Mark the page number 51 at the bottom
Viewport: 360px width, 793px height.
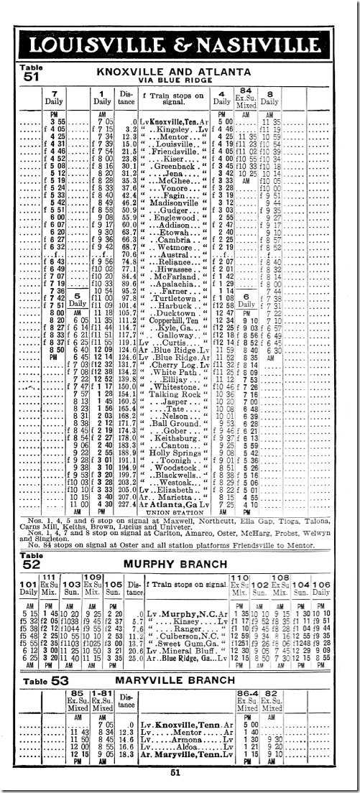[175, 772]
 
